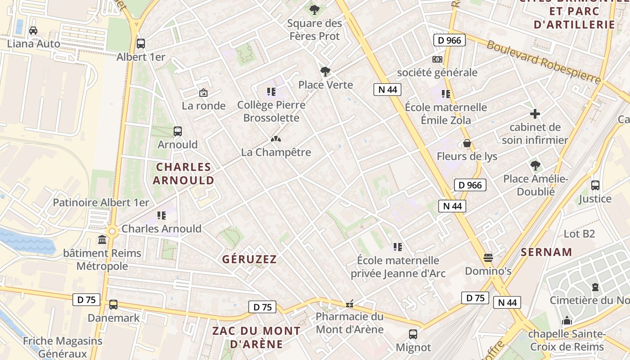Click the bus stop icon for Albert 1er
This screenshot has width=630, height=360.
[141, 44]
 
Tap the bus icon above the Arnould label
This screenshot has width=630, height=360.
[178, 131]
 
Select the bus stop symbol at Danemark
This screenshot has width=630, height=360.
[113, 305]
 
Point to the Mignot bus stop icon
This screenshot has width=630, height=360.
[413, 334]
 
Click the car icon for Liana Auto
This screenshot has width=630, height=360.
[33, 31]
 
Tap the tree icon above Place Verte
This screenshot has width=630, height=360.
[325, 71]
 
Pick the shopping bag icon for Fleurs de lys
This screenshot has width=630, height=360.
[467, 143]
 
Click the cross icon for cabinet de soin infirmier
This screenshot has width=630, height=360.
[535, 114]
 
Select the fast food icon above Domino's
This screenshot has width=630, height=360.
[488, 258]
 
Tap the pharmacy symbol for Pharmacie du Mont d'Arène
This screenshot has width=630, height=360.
[350, 305]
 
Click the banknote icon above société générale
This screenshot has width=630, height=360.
[436, 59]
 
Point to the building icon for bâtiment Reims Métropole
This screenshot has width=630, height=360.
[102, 240]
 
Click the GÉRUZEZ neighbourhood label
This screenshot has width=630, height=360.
[249, 259]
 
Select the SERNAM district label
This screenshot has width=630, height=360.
[546, 252]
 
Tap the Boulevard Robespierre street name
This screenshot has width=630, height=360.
[544, 62]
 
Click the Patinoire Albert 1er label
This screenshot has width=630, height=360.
[101, 202]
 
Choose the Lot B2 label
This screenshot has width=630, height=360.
[579, 234]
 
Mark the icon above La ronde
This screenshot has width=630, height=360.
[203, 93]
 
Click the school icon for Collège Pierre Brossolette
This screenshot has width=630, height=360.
[271, 92]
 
